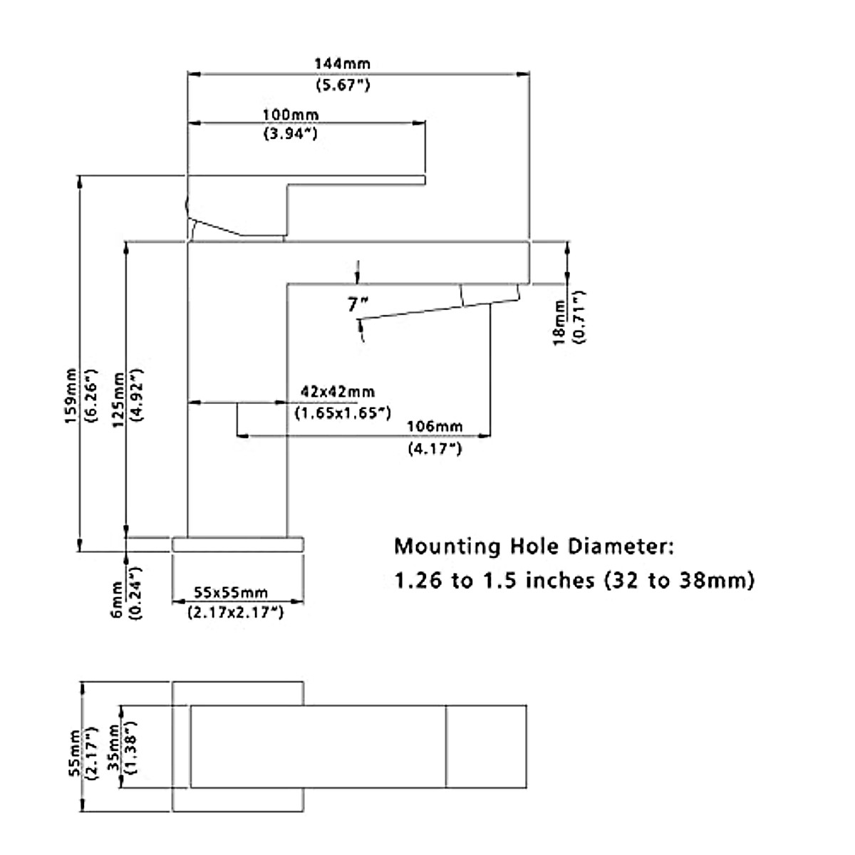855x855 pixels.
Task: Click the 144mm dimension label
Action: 342,64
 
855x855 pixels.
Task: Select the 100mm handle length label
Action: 291,115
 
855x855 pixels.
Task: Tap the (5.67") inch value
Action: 343,85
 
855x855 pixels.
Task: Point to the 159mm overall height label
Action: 71,395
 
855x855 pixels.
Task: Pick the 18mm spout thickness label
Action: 560,323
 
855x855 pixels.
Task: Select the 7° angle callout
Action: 358,304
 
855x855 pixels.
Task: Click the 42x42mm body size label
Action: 338,392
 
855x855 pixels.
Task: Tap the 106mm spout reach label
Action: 435,426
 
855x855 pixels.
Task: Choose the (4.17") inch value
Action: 435,449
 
